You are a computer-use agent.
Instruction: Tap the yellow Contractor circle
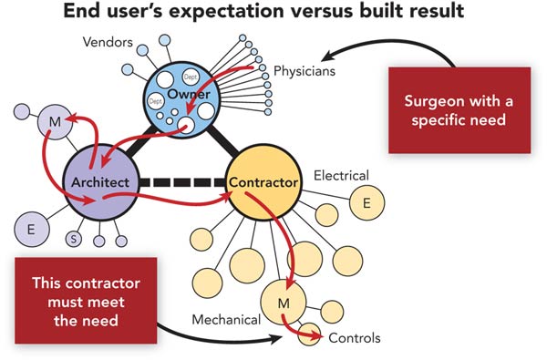[x=263, y=182]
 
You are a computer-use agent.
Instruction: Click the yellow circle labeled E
[x=366, y=203]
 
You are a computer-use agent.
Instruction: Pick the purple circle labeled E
[x=31, y=229]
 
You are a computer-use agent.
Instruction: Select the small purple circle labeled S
[x=75, y=240]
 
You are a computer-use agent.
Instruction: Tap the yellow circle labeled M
[x=285, y=301]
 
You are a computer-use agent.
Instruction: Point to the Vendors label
[x=108, y=42]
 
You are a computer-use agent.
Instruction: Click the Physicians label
[x=304, y=68]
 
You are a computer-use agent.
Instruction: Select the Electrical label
[x=341, y=174]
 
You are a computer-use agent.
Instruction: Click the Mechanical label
[x=227, y=320]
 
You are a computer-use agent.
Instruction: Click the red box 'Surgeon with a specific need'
[x=459, y=108]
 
